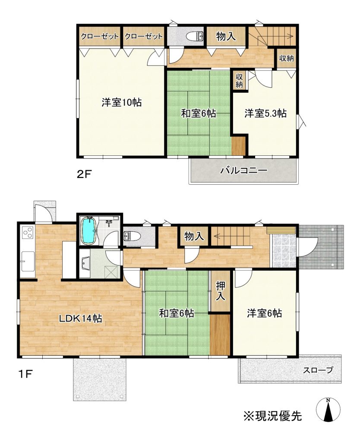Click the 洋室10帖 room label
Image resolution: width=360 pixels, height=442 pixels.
pyautogui.click(x=121, y=102)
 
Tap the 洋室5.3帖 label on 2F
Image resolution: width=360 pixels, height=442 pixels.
pyautogui.click(x=265, y=114)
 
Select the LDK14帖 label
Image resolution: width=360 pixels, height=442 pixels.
pyautogui.click(x=80, y=319)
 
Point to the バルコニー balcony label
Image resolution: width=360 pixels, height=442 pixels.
pyautogui.click(x=244, y=170)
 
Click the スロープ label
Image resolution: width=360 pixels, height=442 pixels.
pyautogui.click(x=318, y=370)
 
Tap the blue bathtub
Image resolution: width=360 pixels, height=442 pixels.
pyautogui.click(x=89, y=231)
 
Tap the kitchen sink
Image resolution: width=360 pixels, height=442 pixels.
pyautogui.click(x=28, y=261)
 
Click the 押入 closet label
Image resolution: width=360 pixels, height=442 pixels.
pyautogui.click(x=221, y=291)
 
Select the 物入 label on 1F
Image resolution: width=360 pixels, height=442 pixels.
pyautogui.click(x=194, y=236)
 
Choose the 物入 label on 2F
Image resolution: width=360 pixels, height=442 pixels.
pyautogui.click(x=226, y=36)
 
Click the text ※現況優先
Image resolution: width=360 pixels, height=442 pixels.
pyautogui.click(x=273, y=416)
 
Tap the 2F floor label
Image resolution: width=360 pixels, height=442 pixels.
pyautogui.click(x=85, y=174)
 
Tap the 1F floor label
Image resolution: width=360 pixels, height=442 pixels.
pyautogui.click(x=25, y=374)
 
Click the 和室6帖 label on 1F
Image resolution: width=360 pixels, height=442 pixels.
pyautogui.click(x=177, y=313)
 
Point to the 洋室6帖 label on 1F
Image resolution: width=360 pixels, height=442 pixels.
pyautogui.click(x=265, y=313)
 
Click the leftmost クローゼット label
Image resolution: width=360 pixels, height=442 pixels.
pyautogui.click(x=100, y=36)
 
